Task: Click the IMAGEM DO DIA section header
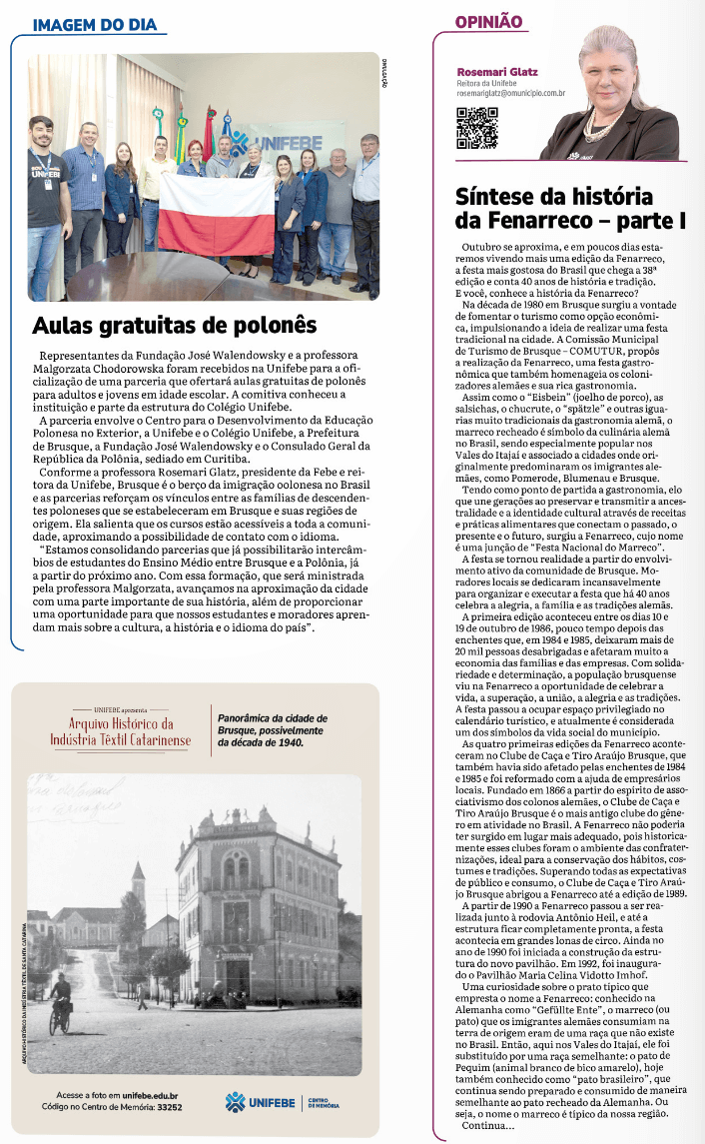point(94,24)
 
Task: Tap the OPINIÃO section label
point(488,21)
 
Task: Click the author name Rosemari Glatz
point(496,72)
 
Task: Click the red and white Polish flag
point(216,214)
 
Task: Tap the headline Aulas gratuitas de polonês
point(175,326)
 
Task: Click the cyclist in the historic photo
point(63,1002)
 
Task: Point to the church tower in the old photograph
point(138,884)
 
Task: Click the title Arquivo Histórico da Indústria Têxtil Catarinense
point(120,730)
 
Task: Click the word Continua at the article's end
point(483,1126)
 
